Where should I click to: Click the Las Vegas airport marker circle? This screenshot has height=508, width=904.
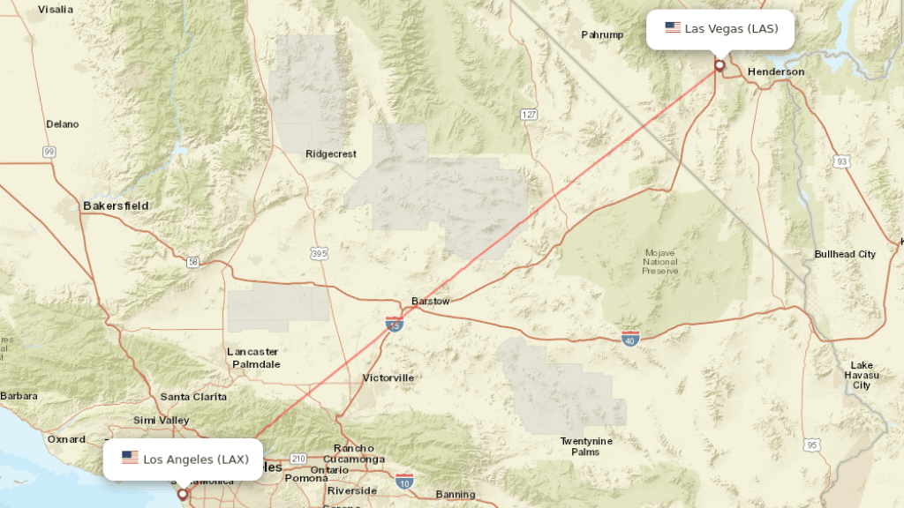(719, 64)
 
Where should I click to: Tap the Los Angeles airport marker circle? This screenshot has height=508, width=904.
(183, 494)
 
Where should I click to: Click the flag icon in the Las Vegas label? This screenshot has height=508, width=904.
(673, 28)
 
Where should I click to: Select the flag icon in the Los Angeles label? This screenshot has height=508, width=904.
(130, 458)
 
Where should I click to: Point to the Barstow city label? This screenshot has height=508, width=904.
(431, 301)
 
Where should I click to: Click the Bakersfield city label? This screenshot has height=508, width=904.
(116, 205)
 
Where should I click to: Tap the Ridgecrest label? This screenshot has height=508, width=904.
(331, 153)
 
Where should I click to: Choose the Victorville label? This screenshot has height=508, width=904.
(388, 377)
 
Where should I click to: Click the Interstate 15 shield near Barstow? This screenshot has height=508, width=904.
(395, 325)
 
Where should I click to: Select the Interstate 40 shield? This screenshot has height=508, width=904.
(629, 338)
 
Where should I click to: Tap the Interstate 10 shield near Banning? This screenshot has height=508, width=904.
(404, 482)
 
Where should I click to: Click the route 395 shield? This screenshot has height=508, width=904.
(320, 254)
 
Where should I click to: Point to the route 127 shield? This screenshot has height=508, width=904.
(529, 115)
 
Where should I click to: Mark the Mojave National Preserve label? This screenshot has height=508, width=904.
(660, 261)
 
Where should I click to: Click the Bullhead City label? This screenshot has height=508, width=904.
(845, 254)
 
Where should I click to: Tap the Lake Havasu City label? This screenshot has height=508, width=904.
(862, 375)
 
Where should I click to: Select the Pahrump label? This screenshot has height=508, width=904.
(602, 35)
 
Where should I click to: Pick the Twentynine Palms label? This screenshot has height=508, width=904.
(586, 446)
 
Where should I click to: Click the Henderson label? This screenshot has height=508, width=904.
(776, 71)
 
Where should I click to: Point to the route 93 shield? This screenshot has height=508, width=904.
(842, 161)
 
